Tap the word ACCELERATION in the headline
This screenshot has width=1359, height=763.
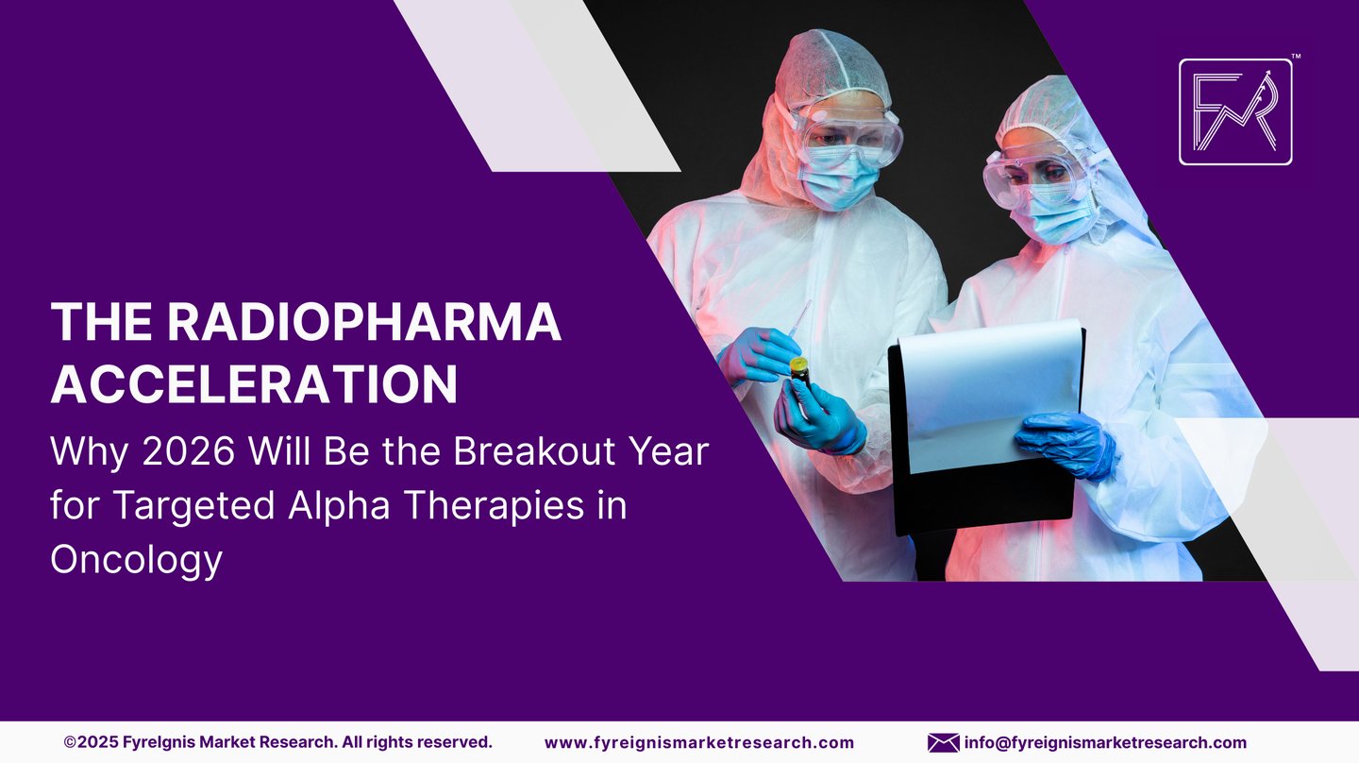(254, 383)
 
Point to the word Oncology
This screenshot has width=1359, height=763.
(136, 559)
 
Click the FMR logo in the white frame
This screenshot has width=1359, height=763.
(1235, 112)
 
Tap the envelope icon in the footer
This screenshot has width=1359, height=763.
(943, 743)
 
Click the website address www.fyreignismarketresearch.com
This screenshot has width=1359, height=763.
(699, 743)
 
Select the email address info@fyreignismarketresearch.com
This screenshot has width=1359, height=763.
(1105, 743)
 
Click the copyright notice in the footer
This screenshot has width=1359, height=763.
(277, 743)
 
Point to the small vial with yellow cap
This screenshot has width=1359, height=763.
(799, 371)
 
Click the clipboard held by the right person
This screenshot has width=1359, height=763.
(986, 415)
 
